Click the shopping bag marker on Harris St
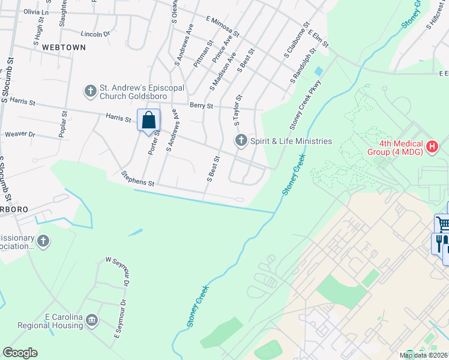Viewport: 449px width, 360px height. tap(148, 120)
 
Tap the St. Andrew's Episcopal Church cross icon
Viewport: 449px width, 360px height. tap(91, 91)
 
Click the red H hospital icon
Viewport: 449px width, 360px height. tap(432, 146)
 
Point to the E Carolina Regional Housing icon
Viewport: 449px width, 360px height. tap(92, 320)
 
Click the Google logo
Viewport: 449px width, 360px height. tap(20, 353)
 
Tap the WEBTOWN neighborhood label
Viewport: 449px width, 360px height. tap(60, 47)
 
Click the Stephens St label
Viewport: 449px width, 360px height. tap(138, 178)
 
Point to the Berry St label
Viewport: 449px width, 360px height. tap(201, 106)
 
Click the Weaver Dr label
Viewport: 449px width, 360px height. tap(20, 134)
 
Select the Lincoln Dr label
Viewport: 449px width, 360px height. tap(96, 34)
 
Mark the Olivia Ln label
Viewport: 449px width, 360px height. tap(36, 12)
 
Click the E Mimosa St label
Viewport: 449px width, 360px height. tap(222, 28)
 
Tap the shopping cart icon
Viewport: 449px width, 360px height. tap(443, 224)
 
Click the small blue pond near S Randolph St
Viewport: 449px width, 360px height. tap(318, 71)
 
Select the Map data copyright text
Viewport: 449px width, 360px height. tap(424, 355)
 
